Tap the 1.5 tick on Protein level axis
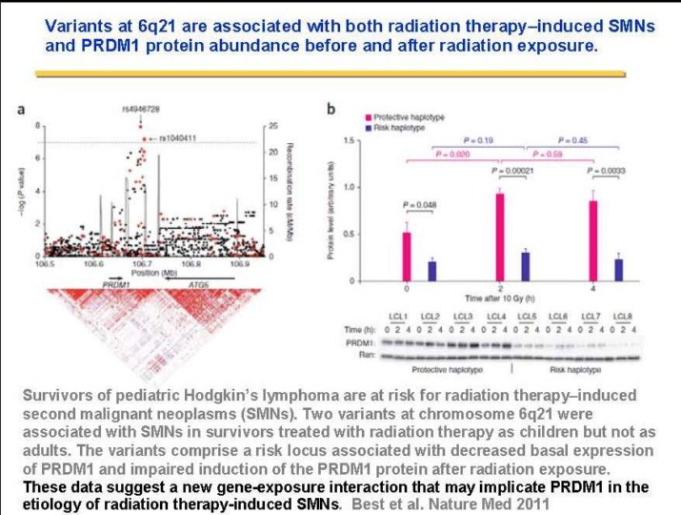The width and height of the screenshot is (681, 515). (354, 140)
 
